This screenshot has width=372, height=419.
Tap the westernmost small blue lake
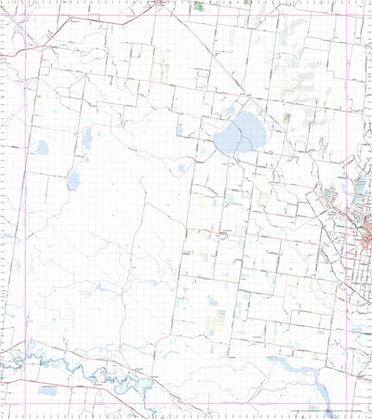41,147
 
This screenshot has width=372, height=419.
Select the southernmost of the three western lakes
73,180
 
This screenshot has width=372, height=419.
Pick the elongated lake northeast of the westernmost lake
87,139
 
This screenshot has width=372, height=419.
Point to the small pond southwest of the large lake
182,169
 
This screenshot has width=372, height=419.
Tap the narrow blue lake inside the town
359,189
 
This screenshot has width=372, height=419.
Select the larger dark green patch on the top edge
199,7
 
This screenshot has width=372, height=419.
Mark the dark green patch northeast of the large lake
286,117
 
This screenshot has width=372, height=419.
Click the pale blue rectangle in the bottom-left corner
46,391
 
